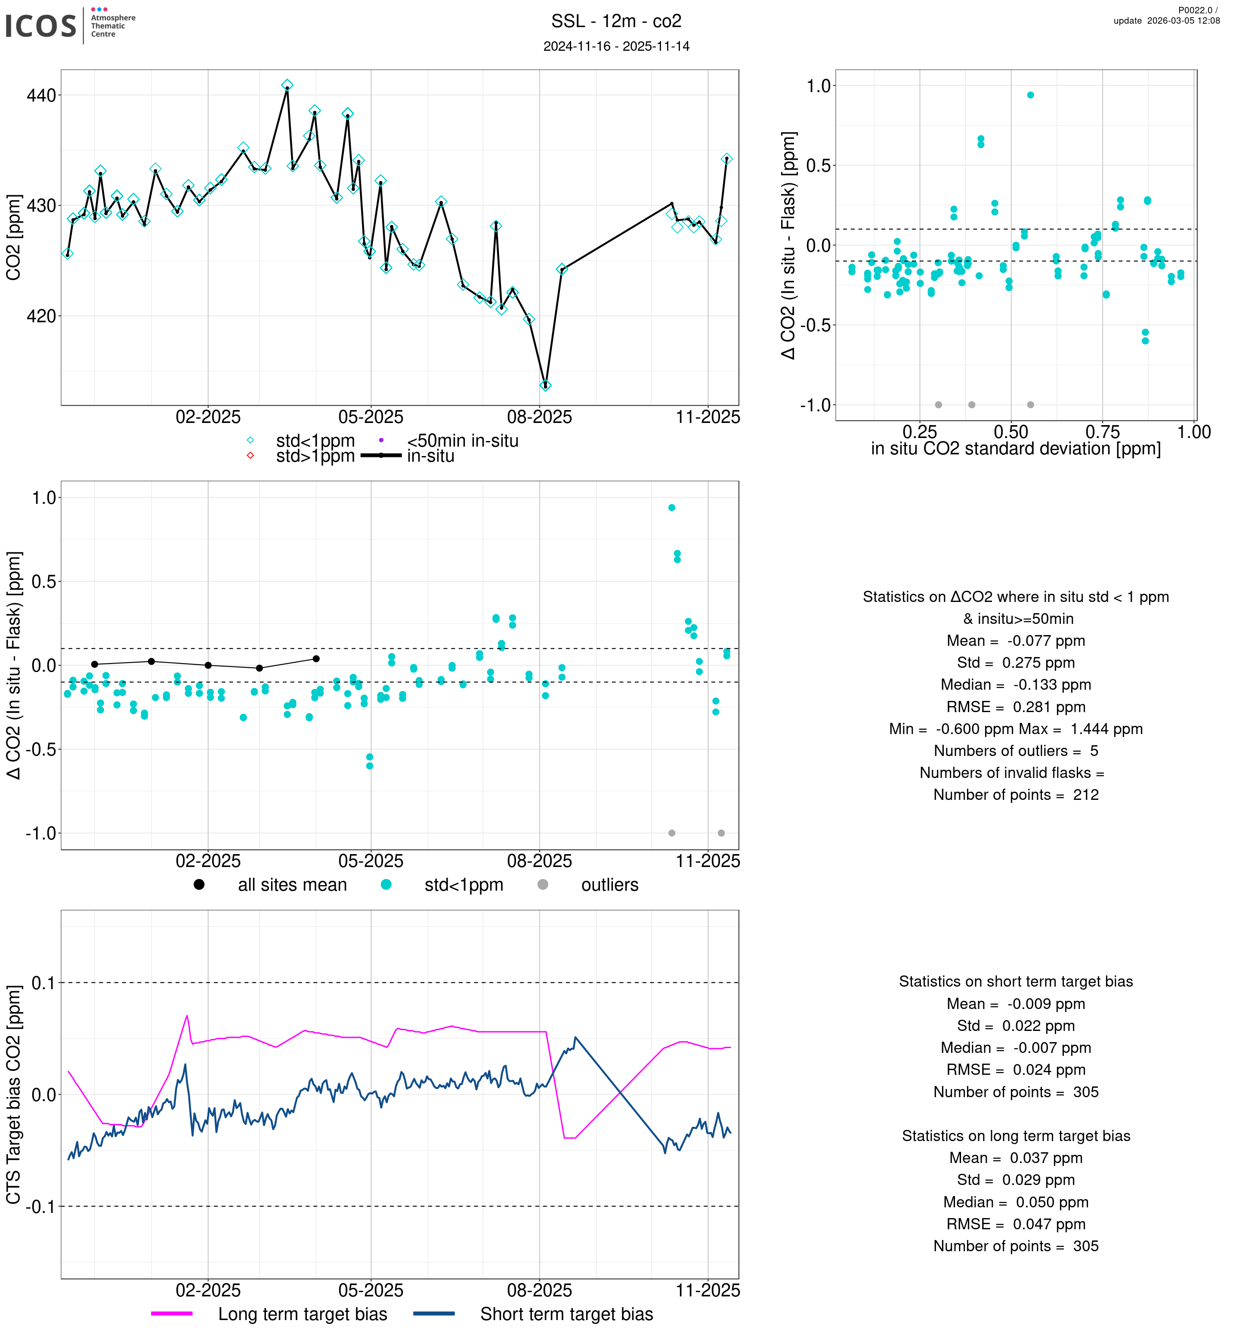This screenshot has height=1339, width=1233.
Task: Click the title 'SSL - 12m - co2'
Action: pyautogui.click(x=616, y=22)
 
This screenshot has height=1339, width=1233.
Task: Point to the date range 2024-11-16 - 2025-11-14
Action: pyautogui.click(x=616, y=46)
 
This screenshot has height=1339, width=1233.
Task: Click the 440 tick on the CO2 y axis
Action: pyautogui.click(x=41, y=96)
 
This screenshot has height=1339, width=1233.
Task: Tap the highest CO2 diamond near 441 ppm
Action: pyautogui.click(x=287, y=85)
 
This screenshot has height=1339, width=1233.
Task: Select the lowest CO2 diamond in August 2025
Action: pyautogui.click(x=545, y=386)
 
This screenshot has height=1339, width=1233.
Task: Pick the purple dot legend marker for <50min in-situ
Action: pyautogui.click(x=381, y=440)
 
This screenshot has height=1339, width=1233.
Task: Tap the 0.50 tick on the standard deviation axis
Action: pyautogui.click(x=1011, y=432)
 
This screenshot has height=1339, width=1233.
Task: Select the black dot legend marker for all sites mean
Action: pyautogui.click(x=199, y=885)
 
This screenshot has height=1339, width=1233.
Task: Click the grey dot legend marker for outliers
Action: pyautogui.click(x=542, y=885)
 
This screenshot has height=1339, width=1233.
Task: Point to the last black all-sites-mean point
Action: pyautogui.click(x=316, y=658)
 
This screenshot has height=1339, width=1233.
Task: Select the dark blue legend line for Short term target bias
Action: pyautogui.click(x=434, y=1314)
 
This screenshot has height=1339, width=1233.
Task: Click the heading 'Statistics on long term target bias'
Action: pyautogui.click(x=1016, y=1135)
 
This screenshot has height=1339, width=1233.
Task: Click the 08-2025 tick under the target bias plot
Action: pyautogui.click(x=539, y=1290)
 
